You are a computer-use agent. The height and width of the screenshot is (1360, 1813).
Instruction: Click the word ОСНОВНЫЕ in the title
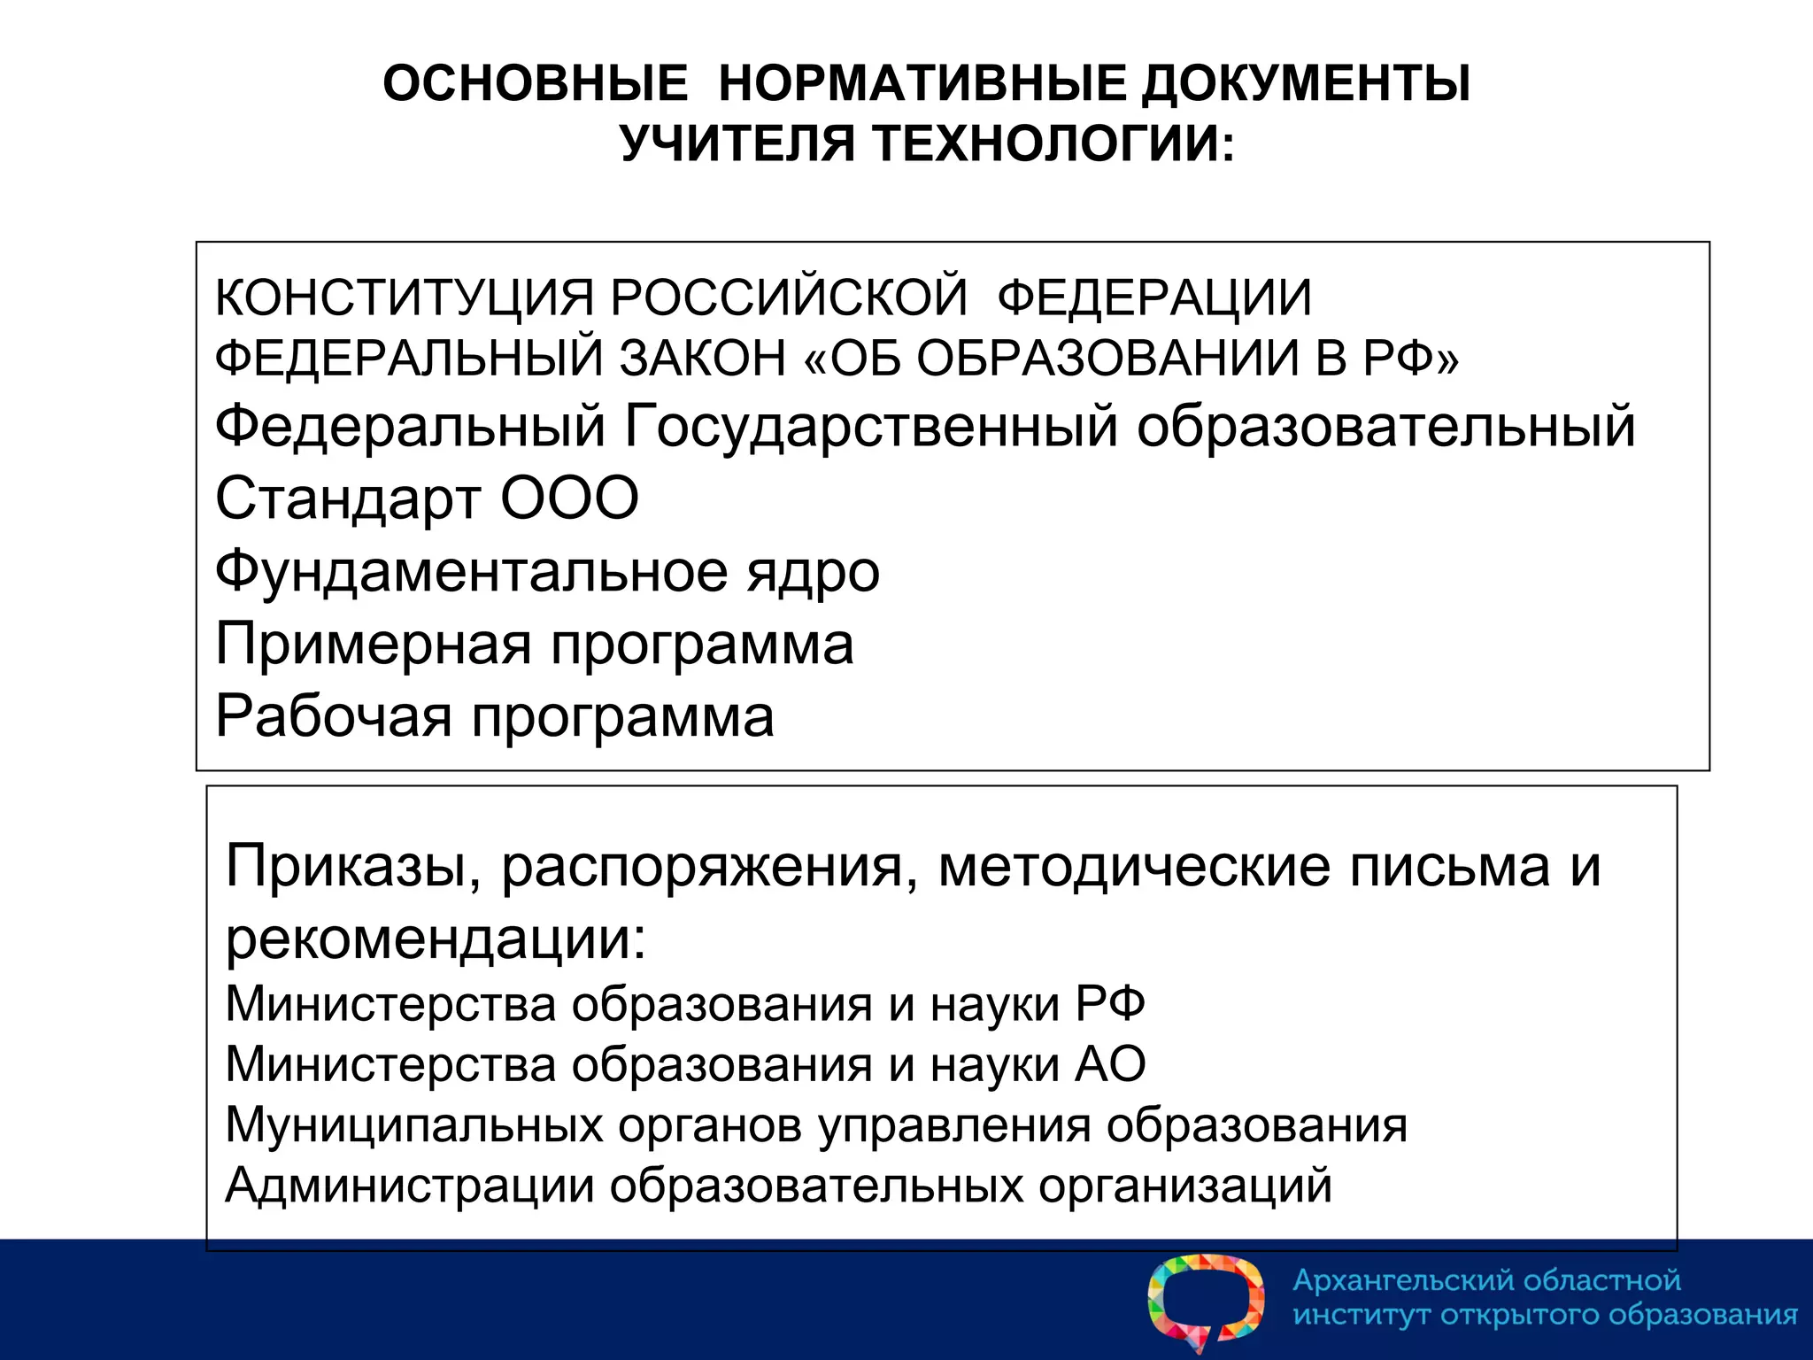pyautogui.click(x=535, y=84)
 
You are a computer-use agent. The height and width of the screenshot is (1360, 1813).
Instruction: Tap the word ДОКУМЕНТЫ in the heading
pyautogui.click(x=1305, y=84)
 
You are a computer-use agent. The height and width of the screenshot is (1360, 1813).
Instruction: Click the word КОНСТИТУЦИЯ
pyautogui.click(x=404, y=297)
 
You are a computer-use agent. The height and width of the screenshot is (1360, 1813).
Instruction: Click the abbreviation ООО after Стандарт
pyautogui.click(x=569, y=498)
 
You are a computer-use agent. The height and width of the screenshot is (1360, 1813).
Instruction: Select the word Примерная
pyautogui.click(x=373, y=644)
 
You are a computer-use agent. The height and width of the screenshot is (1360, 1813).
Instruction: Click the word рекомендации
pyautogui.click(x=435, y=939)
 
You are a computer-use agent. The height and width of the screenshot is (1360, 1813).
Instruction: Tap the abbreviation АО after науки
pyautogui.click(x=1110, y=1064)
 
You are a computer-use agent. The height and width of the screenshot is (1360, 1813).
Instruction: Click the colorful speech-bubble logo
pyautogui.click(x=1206, y=1301)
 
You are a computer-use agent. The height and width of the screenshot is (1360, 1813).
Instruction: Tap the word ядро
pyautogui.click(x=813, y=571)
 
